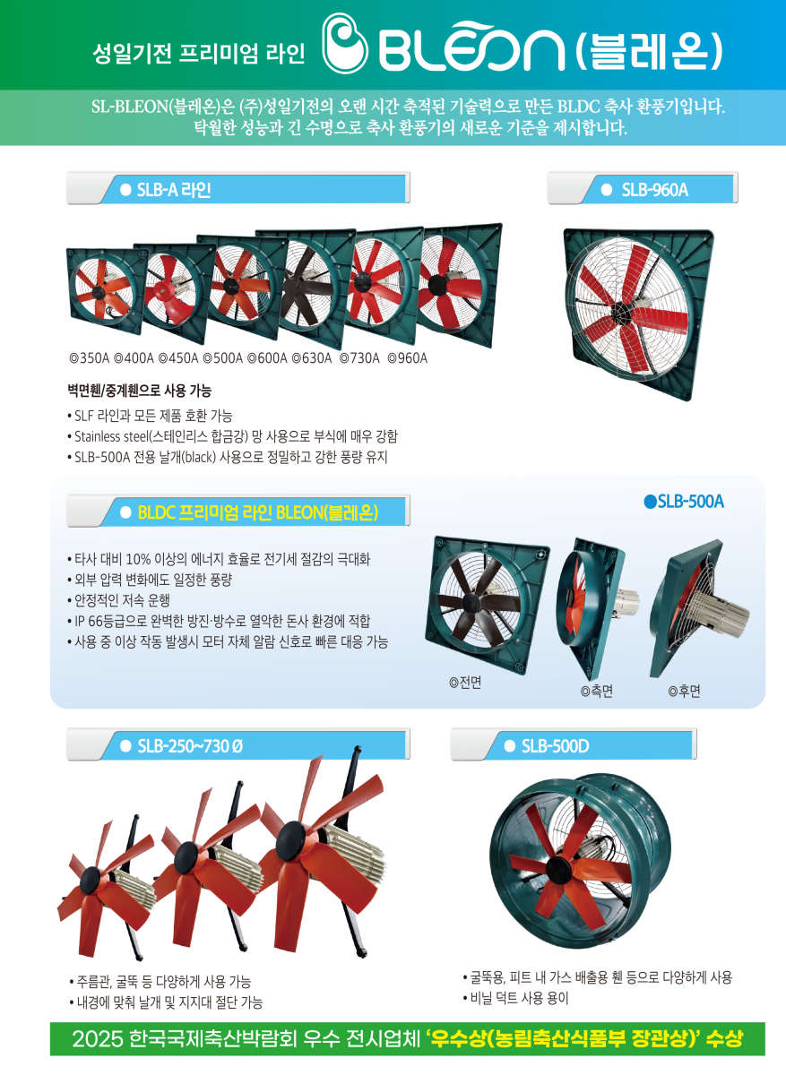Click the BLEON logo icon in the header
pos(344,43)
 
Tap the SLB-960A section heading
pos(654,190)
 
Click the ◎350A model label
pos(90,358)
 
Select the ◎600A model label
pos(267,358)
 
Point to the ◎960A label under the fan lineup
pos(407,358)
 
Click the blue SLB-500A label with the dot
pos(684,502)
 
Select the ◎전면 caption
pos(465,683)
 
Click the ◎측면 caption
pos(597,691)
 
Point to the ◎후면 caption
pos(684,691)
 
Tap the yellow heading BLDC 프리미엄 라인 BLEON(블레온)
pos(258,512)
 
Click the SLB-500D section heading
pos(555,746)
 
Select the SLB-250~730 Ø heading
pos(190,746)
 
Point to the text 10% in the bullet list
pos(138,559)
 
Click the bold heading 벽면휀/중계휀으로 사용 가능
pos(139,391)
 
